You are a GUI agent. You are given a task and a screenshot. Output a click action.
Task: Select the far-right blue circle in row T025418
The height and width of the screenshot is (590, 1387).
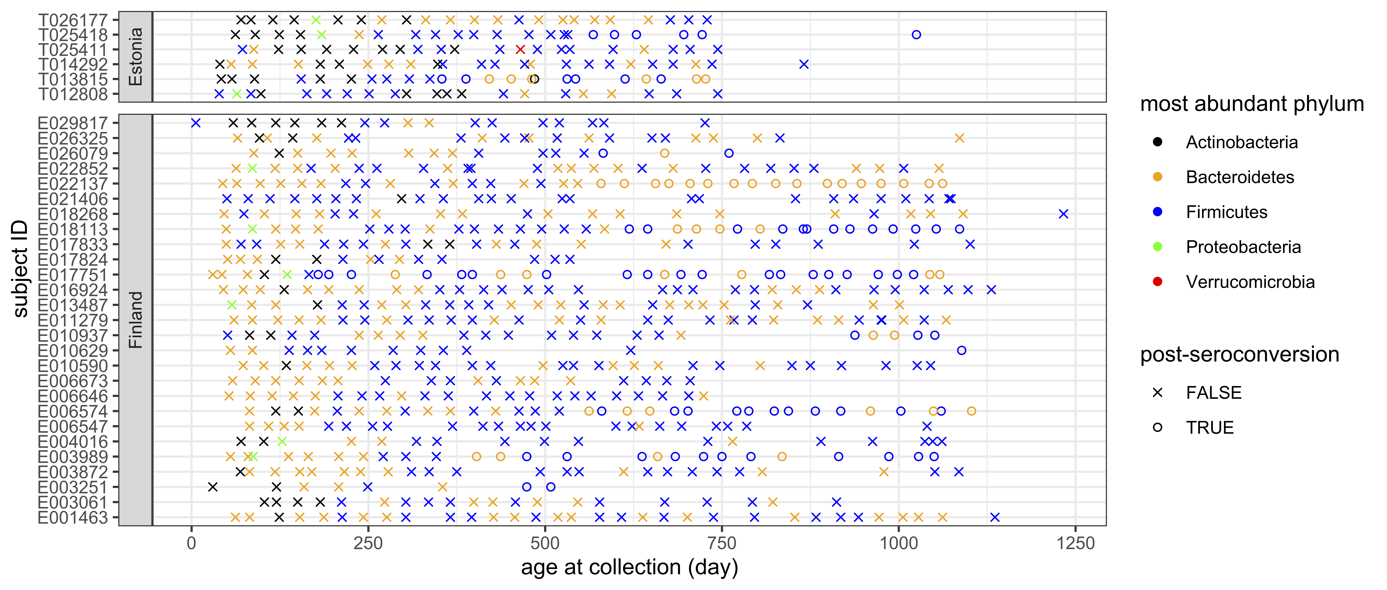(x=916, y=34)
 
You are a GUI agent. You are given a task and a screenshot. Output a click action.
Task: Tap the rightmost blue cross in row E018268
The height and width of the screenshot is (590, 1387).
(x=1063, y=214)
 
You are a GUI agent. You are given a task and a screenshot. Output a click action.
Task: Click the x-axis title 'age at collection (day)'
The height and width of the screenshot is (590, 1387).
(x=629, y=567)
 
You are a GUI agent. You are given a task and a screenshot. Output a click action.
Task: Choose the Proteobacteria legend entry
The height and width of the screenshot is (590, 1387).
(x=1243, y=247)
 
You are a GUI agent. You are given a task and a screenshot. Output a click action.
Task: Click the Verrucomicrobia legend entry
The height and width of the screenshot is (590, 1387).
(x=1250, y=282)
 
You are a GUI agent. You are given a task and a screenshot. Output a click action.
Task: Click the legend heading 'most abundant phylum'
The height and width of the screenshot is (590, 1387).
(x=1252, y=103)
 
